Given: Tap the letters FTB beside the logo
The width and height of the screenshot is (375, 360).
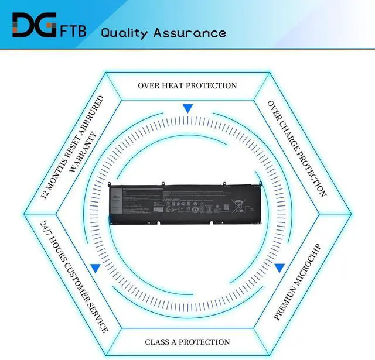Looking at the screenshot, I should coord(73,31).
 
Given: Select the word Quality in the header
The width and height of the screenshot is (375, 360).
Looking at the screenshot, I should coord(125,32).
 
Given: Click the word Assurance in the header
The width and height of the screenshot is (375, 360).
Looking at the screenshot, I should coord(190,32).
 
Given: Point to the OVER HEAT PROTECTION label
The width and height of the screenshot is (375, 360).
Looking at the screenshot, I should coord(187,85).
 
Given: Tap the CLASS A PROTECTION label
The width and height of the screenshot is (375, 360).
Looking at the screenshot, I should coord(187,342).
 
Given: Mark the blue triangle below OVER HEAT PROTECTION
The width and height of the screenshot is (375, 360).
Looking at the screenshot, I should coord(187,108).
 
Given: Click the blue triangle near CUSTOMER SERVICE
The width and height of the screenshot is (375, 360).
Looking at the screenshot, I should coord(95,268).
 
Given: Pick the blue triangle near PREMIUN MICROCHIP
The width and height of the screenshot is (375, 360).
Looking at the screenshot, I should coord(279,268).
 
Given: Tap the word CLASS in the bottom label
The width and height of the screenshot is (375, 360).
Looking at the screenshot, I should coord(159,342).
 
